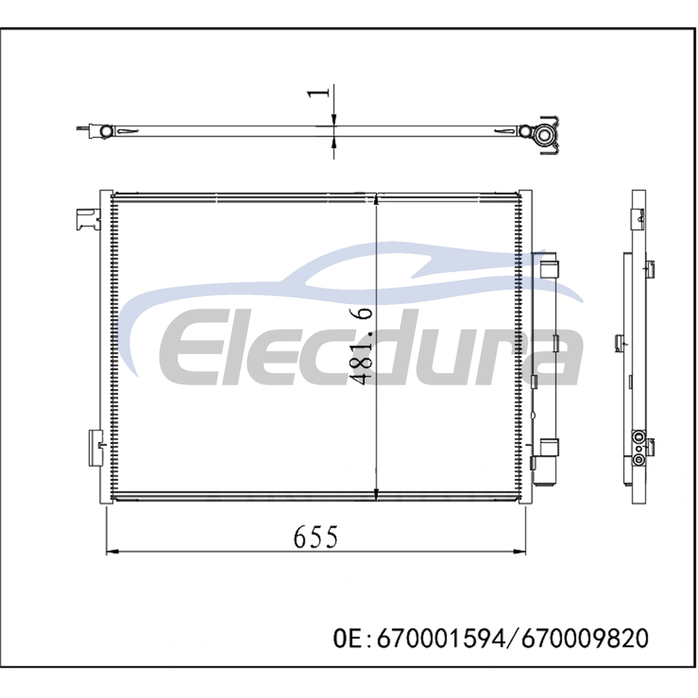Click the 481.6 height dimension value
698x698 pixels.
click(x=361, y=346)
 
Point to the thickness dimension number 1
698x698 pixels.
click(x=319, y=93)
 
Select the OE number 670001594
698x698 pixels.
click(x=440, y=639)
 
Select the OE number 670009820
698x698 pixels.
click(x=585, y=639)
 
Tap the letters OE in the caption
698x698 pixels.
click(x=347, y=639)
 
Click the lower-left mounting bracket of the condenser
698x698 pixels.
click(x=96, y=447)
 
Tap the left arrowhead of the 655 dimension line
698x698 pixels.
click(x=112, y=551)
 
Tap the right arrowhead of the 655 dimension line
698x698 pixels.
click(x=520, y=551)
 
